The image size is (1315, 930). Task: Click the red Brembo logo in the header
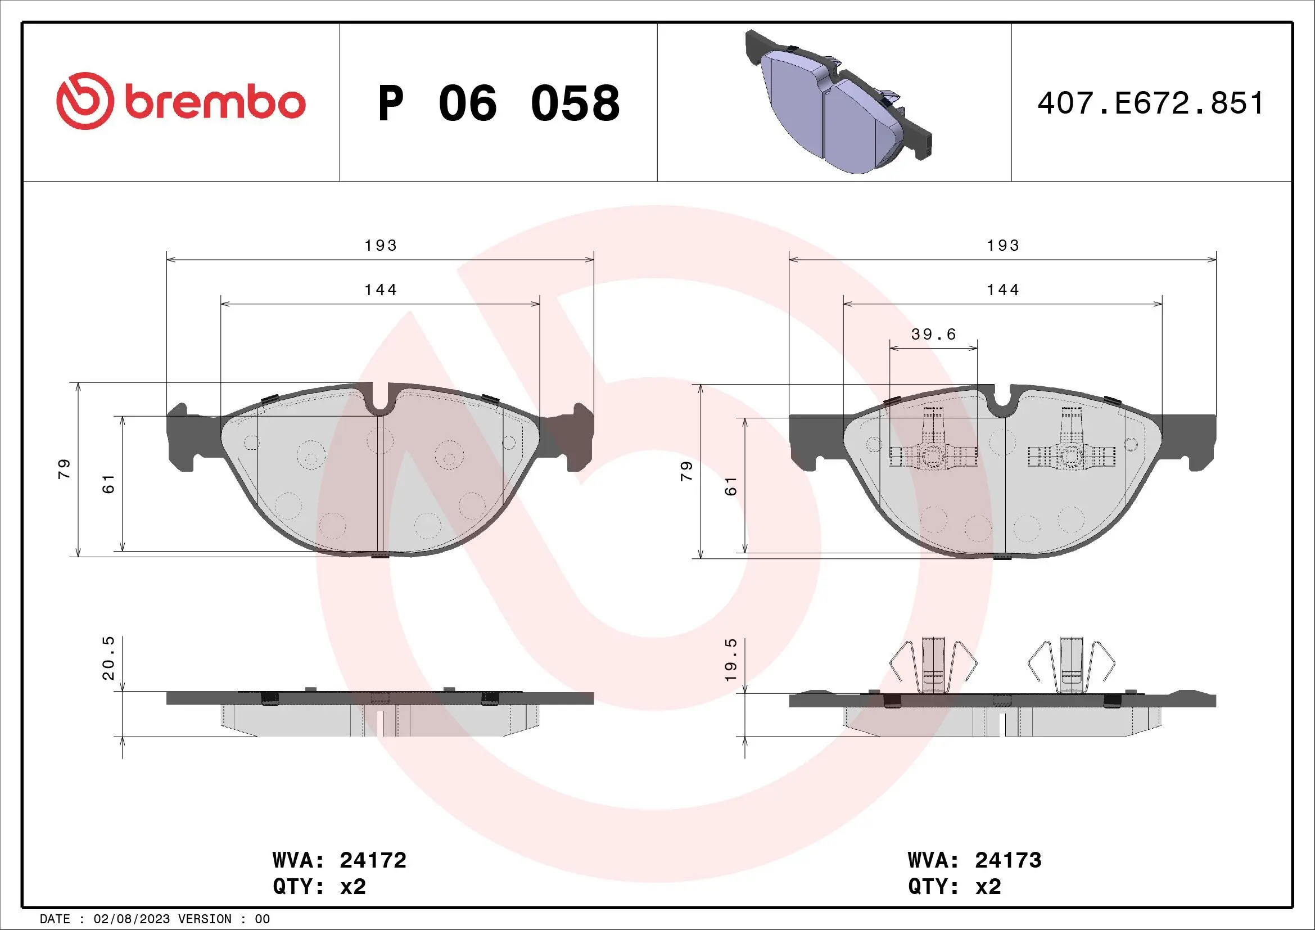pos(181,102)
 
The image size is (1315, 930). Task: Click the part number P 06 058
pos(498,103)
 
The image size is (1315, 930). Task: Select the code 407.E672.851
pos(1151,103)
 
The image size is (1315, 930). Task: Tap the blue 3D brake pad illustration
pos(838,103)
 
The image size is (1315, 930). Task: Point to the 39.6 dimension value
pos(934,334)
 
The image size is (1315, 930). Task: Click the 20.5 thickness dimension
pos(109,658)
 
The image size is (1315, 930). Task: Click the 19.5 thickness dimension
pos(731,660)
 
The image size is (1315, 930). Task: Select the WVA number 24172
pos(373,860)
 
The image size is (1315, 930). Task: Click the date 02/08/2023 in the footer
pos(131,919)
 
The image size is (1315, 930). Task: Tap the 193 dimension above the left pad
pos(381,246)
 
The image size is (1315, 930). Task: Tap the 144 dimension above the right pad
pos(1003,290)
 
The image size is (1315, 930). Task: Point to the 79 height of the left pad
pos(64,469)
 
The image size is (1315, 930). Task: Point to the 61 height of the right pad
pos(731,486)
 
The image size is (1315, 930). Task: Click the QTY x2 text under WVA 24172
pos(319,887)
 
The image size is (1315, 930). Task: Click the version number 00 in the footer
pos(263,919)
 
